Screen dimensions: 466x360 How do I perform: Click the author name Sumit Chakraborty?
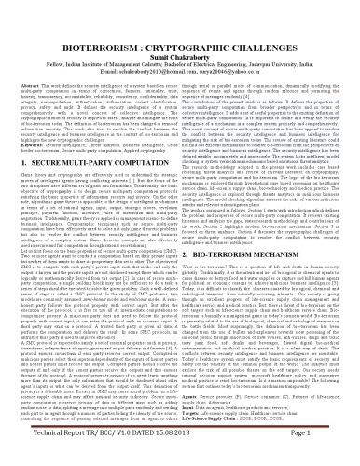coord(179,27)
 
